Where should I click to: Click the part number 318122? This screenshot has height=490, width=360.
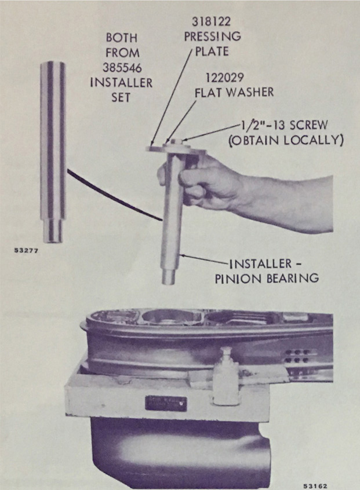[x=211, y=21]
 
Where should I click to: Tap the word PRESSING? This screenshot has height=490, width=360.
[x=212, y=36]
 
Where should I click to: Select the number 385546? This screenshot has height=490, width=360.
[x=122, y=68]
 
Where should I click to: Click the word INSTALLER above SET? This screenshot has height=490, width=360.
[x=121, y=83]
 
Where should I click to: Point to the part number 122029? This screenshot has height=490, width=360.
[x=225, y=77]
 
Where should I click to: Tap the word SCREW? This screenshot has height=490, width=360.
[x=308, y=125]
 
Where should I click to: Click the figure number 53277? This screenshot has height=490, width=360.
[x=26, y=251]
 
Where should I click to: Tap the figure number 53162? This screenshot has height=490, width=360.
[x=315, y=486]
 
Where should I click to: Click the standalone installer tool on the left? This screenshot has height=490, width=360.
[x=53, y=152]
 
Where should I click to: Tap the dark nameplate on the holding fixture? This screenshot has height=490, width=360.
[x=166, y=404]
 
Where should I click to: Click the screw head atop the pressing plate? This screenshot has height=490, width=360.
[x=177, y=141]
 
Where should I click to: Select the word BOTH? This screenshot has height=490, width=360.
[x=122, y=38]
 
